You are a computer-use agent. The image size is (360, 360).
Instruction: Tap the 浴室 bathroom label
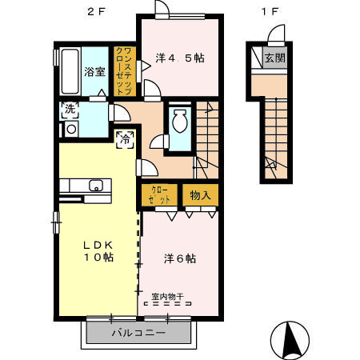(94, 71)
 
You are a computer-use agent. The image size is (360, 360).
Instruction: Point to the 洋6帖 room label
(181, 259)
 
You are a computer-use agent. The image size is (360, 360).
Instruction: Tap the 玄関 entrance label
(275, 58)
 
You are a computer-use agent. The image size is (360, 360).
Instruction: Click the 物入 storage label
(199, 195)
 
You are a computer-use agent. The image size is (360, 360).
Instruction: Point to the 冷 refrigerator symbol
(126, 140)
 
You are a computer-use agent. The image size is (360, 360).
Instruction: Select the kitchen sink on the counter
(97, 186)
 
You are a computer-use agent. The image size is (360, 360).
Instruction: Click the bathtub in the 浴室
(69, 70)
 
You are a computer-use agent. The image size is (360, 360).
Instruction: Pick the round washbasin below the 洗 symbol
(70, 129)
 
